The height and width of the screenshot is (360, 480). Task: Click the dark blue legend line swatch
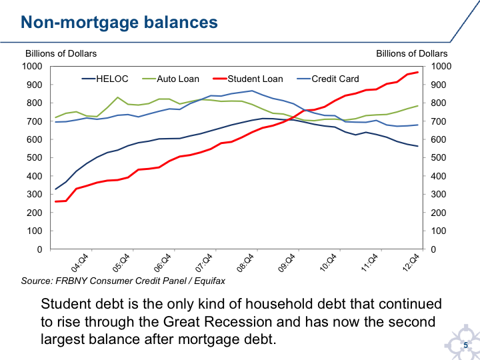coord(89,79)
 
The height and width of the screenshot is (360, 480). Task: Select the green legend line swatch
coord(150,79)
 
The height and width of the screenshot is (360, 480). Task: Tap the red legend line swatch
coord(221,79)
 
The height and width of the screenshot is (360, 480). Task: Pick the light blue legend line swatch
coord(305,79)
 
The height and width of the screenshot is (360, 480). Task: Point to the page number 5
coord(466,345)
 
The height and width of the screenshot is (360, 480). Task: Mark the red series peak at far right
coord(419,71)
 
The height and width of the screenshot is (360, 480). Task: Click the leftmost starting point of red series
coord(56,200)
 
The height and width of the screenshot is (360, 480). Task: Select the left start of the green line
coord(56,117)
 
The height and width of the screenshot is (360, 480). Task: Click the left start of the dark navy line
coord(56,189)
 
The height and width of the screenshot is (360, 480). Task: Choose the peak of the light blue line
coord(249,91)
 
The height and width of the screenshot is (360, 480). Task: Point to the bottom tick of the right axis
coord(430,249)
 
